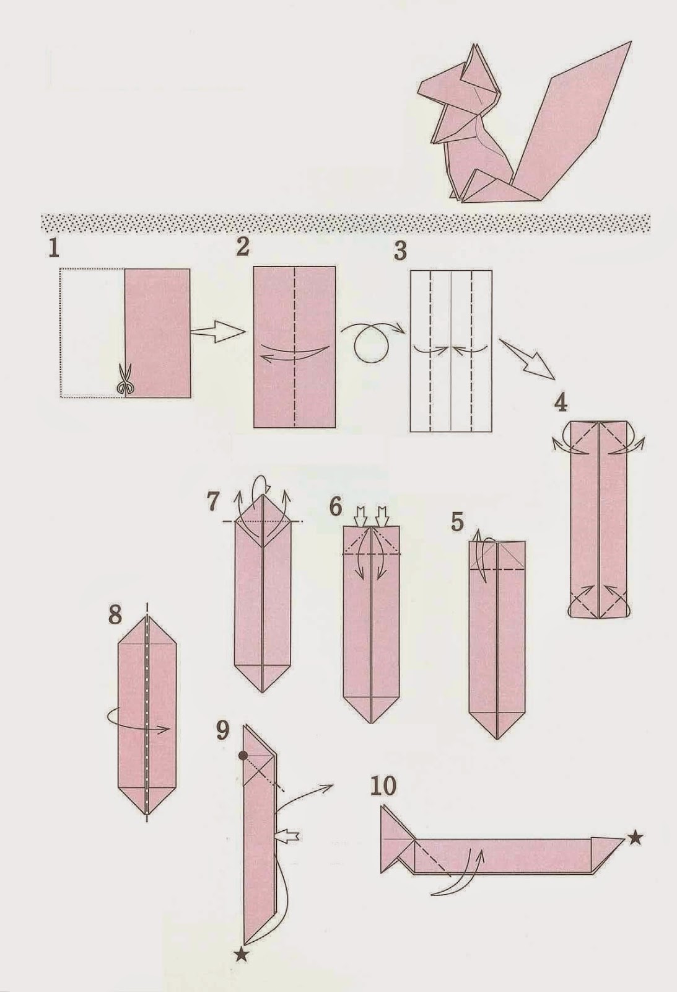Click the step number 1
click(54, 249)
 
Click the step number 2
click(243, 247)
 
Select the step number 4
click(560, 403)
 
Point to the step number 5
click(457, 522)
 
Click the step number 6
click(335, 507)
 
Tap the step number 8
click(115, 618)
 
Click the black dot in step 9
click(243, 756)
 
